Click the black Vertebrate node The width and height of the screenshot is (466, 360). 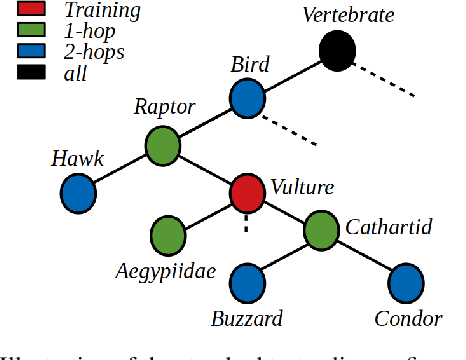[340, 50]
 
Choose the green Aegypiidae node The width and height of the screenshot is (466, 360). [168, 237]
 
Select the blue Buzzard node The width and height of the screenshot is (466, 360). [247, 282]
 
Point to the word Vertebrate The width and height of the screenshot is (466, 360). [348, 16]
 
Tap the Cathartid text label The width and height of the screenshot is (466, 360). [388, 228]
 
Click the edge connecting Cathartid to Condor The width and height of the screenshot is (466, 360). [364, 255]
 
